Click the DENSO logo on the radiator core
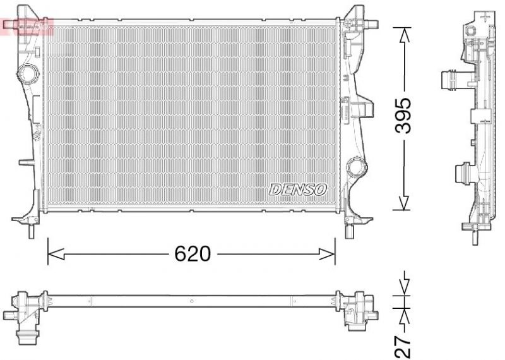click(x=298, y=189)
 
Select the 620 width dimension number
click(x=191, y=254)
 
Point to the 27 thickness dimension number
click(x=405, y=346)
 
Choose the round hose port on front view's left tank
click(x=28, y=73)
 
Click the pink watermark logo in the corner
click(x=27, y=26)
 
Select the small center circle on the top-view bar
click(x=191, y=302)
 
